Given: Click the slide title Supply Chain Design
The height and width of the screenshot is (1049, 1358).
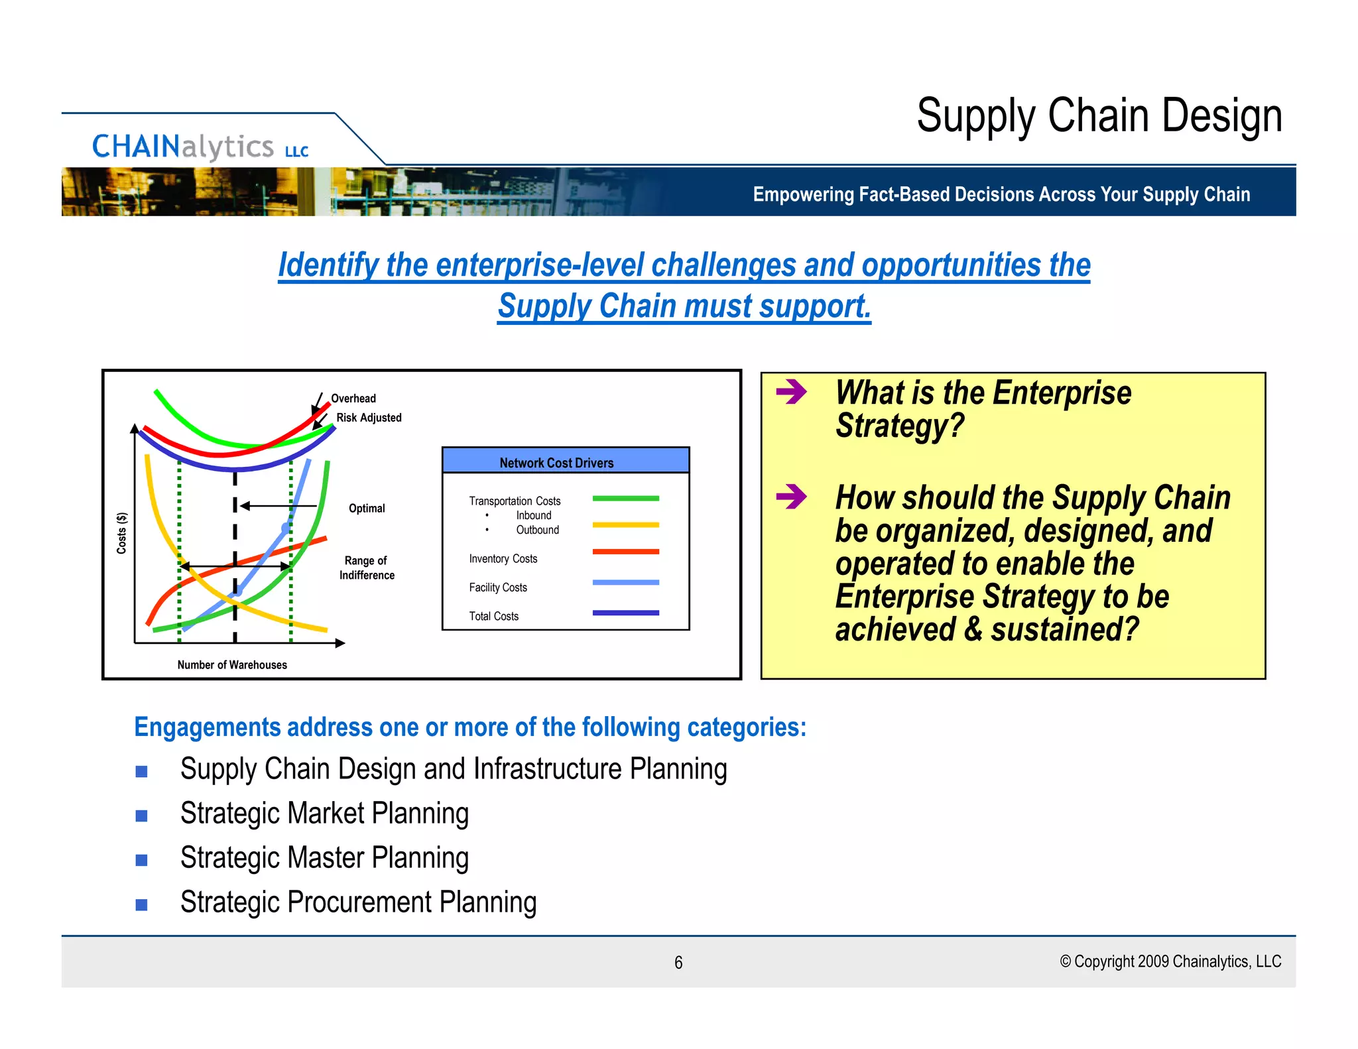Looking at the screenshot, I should point(1099,116).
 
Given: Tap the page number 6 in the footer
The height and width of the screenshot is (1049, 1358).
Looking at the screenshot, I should point(678,962).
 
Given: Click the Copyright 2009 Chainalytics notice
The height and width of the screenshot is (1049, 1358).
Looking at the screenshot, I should point(1170,961).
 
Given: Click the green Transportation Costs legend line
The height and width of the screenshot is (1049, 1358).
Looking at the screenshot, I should point(625,498).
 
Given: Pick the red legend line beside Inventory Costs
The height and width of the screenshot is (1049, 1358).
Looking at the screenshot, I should point(625,552).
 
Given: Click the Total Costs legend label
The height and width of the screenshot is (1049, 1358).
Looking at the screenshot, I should point(493,616).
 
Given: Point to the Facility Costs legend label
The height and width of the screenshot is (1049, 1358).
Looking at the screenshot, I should point(497,587).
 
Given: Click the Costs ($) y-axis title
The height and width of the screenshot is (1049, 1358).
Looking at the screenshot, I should point(121,532).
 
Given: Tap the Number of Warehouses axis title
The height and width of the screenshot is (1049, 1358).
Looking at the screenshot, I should point(232,664).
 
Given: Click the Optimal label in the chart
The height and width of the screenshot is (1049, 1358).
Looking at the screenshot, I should point(367,509).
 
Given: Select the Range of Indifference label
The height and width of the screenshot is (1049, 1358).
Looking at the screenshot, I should point(367,568).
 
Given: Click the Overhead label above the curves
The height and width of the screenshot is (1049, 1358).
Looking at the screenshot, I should point(353,399).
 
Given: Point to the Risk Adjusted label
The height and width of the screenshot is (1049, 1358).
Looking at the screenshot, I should point(369,418).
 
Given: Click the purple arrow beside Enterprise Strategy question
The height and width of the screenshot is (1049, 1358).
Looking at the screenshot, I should point(790,392).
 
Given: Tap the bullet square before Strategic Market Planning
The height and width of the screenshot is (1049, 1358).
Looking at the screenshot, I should point(141,816).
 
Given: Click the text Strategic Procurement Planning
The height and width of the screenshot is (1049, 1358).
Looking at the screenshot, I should point(358,902).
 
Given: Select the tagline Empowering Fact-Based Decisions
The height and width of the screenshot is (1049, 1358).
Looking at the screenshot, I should point(1001,194).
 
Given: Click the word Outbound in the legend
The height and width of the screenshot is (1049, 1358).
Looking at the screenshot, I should point(537,530).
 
